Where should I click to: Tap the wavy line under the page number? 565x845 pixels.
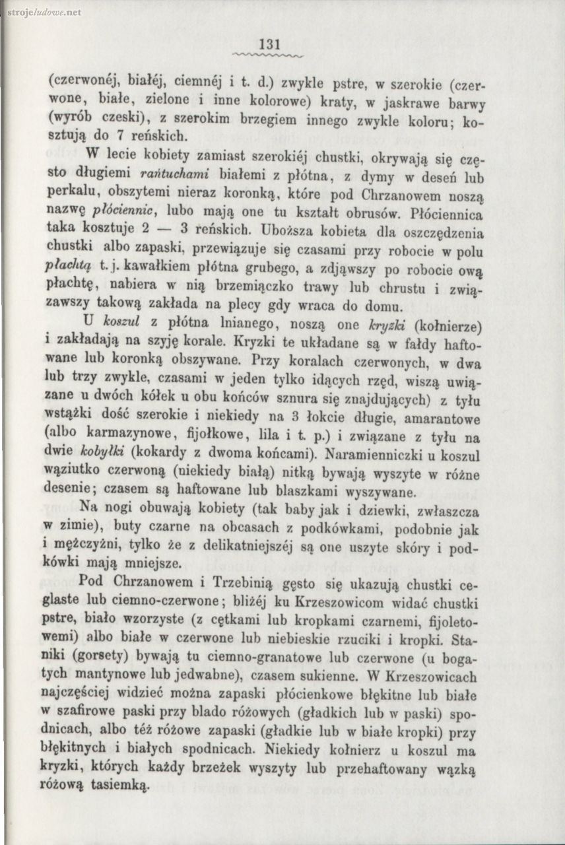[x=271, y=55]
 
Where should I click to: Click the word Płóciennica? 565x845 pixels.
[x=448, y=215]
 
